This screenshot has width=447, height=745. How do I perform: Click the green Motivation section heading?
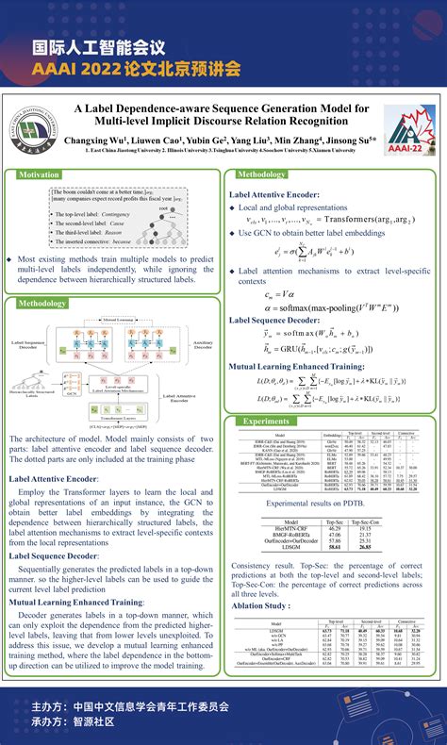39,174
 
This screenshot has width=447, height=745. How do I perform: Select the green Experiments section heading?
265,421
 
